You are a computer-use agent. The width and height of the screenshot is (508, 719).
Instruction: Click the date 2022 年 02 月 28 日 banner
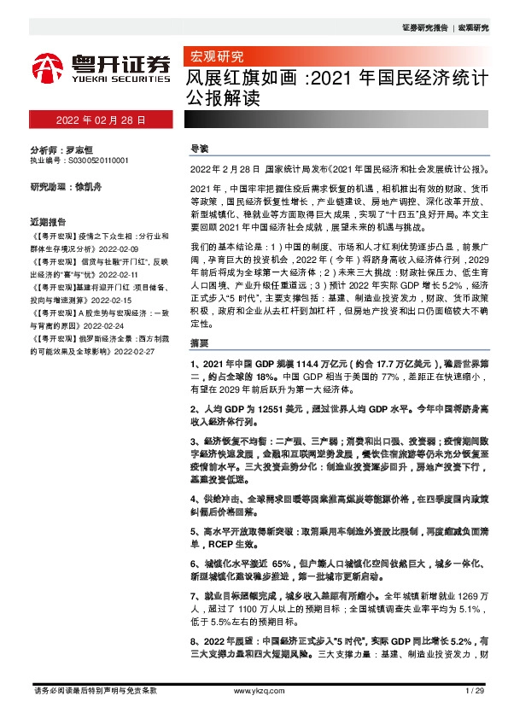100,120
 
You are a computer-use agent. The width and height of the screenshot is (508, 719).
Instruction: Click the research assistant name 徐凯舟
88,185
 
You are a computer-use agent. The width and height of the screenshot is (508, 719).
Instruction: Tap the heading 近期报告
48,219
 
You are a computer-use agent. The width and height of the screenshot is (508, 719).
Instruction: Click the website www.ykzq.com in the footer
254,691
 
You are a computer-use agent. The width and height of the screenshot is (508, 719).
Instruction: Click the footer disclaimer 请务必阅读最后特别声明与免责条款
94,691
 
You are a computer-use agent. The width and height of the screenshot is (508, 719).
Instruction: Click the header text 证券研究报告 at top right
425,28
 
